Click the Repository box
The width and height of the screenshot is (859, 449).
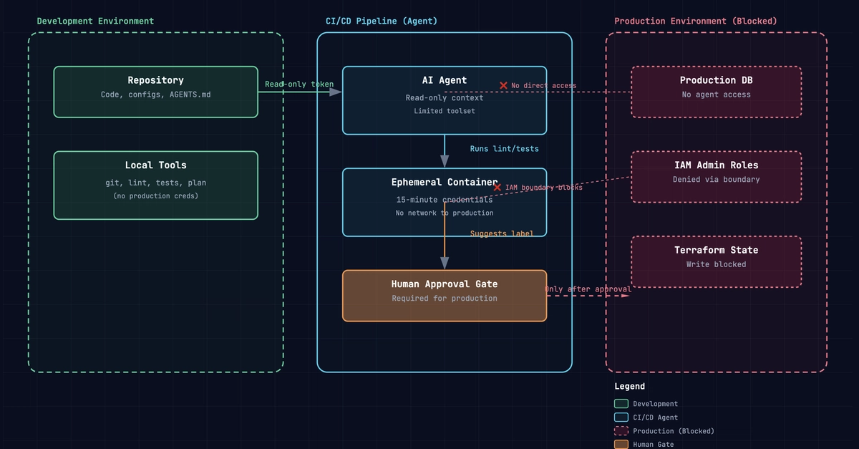[156, 92]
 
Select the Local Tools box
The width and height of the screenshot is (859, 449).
[156, 185]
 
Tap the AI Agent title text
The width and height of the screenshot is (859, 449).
[445, 80]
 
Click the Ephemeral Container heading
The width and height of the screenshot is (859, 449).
[445, 182]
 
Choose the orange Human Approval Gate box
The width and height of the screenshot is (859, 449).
[445, 296]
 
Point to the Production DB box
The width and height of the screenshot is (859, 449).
[717, 92]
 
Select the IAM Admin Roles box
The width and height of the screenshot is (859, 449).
[717, 177]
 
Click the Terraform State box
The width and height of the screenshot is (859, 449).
[717, 261]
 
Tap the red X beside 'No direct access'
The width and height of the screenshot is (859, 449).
[503, 86]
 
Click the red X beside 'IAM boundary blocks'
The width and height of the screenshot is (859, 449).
[498, 188]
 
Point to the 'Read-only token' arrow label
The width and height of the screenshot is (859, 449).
[299, 84]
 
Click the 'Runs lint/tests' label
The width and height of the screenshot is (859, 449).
[504, 149]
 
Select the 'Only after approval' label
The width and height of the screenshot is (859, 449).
[588, 289]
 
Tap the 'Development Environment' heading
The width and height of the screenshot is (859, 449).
[95, 21]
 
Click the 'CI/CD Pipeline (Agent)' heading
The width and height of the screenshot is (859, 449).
[381, 21]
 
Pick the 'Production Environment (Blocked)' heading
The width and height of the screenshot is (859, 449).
[696, 21]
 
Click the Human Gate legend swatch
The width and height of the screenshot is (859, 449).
[621, 445]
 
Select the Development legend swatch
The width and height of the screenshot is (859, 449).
[621, 404]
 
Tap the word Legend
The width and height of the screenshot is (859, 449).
[630, 387]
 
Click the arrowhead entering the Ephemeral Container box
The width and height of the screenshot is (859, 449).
[445, 162]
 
